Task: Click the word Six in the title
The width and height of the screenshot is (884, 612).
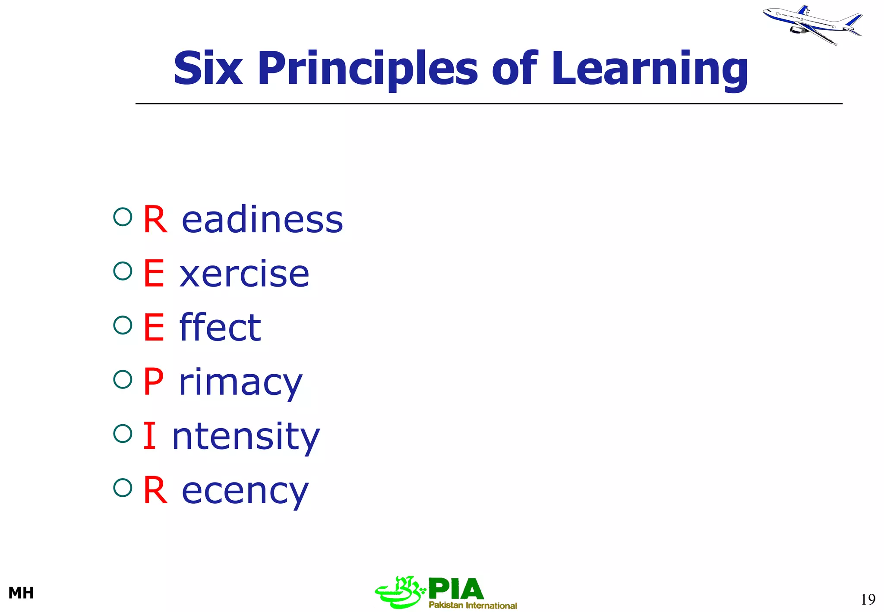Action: point(208,68)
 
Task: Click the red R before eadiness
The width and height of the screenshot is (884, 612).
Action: point(155,220)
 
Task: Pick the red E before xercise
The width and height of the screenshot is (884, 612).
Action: point(154,273)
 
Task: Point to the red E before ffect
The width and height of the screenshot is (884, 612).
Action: point(154,327)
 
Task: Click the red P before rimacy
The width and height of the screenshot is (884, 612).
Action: point(154,381)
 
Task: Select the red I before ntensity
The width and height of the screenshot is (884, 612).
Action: point(149,435)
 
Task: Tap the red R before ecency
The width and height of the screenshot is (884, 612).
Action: point(155,490)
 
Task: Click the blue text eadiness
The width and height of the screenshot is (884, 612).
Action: point(262,220)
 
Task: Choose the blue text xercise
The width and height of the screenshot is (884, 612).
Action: point(244,274)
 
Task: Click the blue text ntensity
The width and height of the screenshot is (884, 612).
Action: point(246,437)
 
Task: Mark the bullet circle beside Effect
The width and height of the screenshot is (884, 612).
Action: point(123,325)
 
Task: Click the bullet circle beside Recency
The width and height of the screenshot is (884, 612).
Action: point(123,488)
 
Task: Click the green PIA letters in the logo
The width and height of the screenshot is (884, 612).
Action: point(456,589)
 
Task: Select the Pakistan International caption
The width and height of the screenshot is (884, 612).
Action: point(473,605)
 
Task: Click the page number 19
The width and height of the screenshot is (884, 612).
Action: point(868,599)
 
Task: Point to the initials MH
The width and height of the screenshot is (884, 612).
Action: point(21,593)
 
